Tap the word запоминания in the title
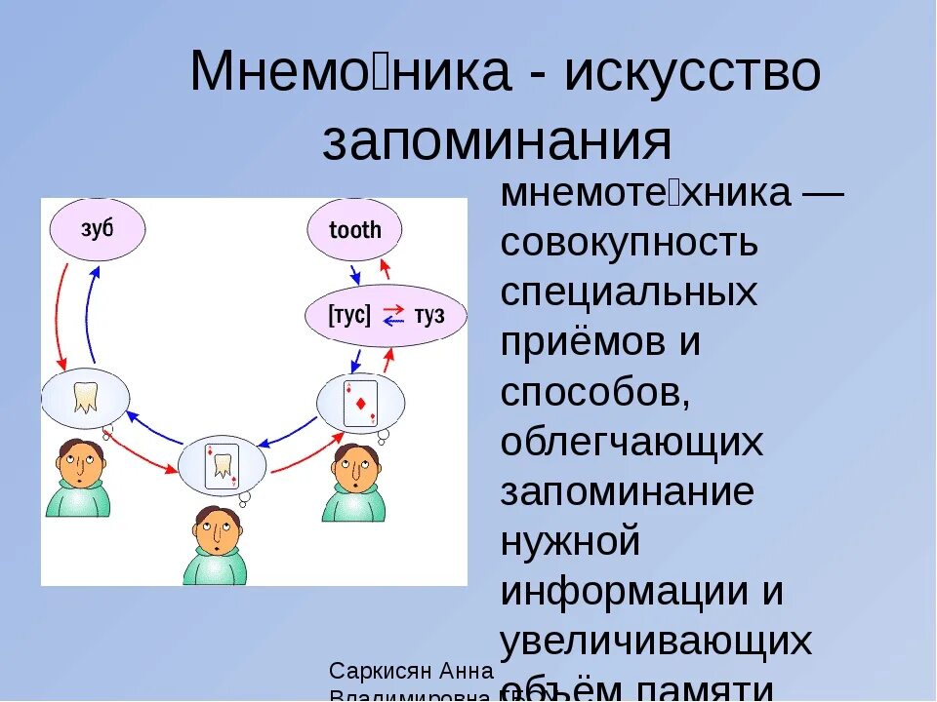tap(498, 142)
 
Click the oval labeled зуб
tap(97, 229)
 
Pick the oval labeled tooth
tap(355, 231)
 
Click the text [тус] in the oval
tap(350, 315)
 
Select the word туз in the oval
tap(428, 315)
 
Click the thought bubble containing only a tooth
tap(85, 398)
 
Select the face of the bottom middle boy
tap(214, 533)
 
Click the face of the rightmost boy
tap(353, 467)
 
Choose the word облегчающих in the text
tap(631, 443)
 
